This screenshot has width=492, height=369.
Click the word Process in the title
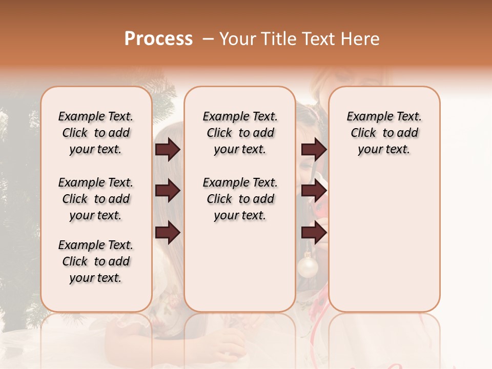click(x=158, y=39)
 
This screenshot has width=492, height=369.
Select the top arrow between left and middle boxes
click(x=168, y=150)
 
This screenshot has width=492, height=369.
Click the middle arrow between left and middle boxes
click(x=168, y=191)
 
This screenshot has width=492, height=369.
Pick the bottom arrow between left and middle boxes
click(x=168, y=232)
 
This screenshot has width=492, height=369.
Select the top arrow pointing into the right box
click(x=314, y=150)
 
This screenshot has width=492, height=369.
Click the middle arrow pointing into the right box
click(x=314, y=191)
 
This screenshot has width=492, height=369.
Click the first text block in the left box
click(x=96, y=133)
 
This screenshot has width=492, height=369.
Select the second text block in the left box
click(x=96, y=199)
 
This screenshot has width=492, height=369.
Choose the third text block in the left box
click(x=96, y=261)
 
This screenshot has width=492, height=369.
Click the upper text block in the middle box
click(x=240, y=133)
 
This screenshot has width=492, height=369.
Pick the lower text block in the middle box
click(x=240, y=199)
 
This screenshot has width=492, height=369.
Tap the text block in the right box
click(x=384, y=133)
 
